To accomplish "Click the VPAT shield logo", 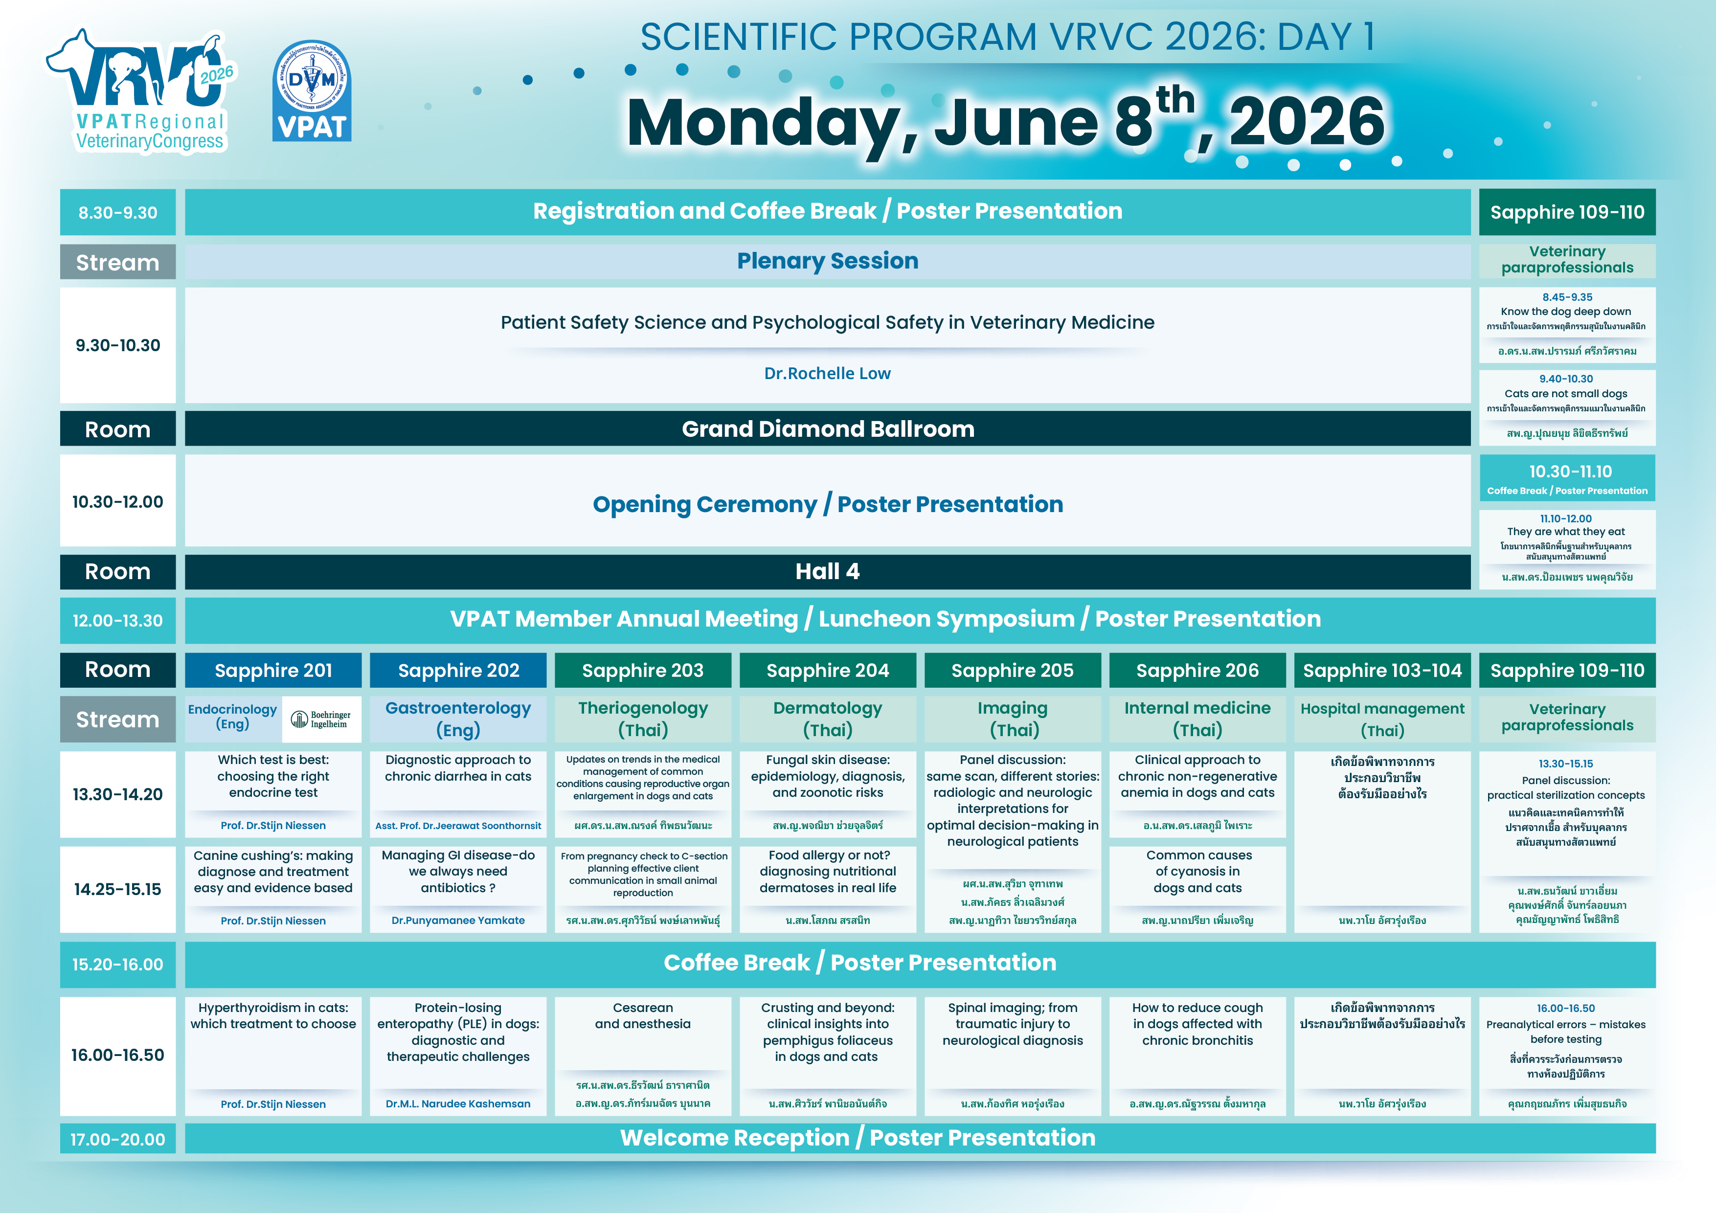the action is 312,91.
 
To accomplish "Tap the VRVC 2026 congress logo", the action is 142,91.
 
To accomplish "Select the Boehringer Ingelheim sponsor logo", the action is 321,719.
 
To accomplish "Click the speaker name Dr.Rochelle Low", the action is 827,374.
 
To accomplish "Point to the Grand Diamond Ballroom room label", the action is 827,429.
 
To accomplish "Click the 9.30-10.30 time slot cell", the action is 118,345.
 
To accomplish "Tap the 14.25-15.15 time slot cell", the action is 118,889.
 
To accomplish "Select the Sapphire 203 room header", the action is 643,671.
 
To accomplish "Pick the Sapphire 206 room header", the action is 1197,671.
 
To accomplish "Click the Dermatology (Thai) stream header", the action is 827,719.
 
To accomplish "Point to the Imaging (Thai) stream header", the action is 1013,719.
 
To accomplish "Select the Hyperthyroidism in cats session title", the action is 273,1016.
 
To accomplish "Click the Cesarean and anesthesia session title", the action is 643,1016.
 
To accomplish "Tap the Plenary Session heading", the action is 827,261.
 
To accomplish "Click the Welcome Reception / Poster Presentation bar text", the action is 857,1138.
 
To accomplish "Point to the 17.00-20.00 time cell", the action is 118,1139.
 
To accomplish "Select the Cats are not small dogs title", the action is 1566,394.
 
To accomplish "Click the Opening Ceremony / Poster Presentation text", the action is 827,504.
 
